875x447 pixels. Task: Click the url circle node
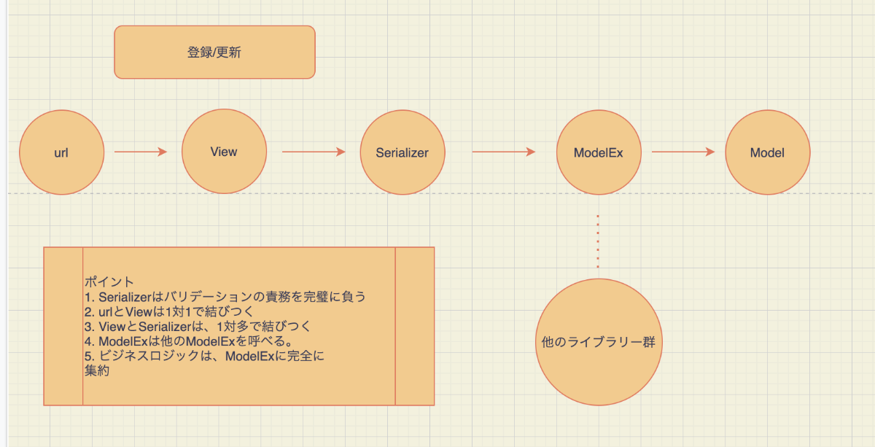coord(62,152)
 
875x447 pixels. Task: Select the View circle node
coord(225,151)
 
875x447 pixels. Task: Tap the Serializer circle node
coord(402,152)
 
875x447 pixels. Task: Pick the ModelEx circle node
coord(599,152)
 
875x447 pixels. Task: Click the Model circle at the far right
coord(768,152)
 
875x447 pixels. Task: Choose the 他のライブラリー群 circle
coord(599,342)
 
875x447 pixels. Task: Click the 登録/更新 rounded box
coord(215,53)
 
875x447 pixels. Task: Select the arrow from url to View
coord(141,152)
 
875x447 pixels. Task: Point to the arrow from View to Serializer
coord(314,152)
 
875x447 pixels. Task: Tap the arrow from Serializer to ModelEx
coord(504,152)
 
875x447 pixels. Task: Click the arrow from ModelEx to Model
coord(683,152)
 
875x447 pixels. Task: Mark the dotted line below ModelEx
coord(598,241)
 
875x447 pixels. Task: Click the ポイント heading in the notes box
coord(109,281)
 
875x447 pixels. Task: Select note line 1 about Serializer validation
coord(225,297)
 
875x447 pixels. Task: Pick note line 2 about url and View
coord(169,312)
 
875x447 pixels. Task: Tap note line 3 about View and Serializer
coord(198,326)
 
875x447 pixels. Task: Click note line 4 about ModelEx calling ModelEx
coord(189,341)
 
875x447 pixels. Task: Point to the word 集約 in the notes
coord(97,370)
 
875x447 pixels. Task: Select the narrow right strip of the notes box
coord(415,326)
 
